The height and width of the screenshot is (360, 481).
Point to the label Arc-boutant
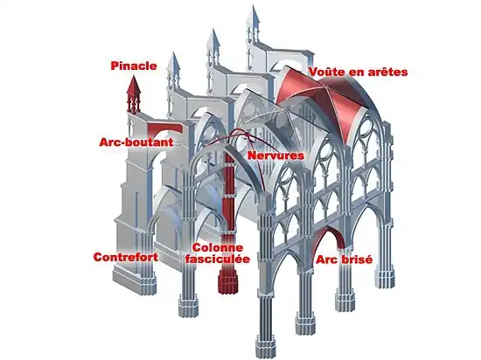coord(136,141)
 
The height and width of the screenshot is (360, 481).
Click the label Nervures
coord(275,156)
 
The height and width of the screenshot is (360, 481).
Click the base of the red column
coord(230,284)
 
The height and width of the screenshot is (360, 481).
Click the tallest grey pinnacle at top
coord(255,22)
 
